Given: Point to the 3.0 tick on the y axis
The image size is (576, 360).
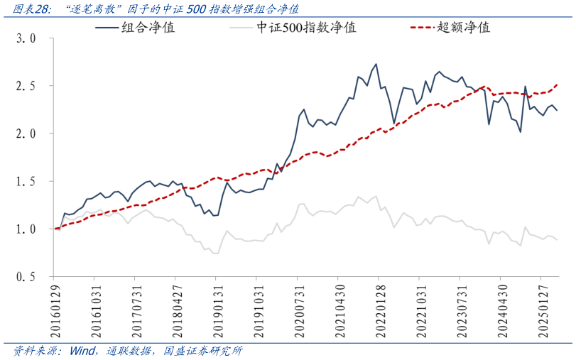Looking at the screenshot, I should point(26,38).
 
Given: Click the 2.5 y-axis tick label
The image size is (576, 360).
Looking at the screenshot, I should point(26,86).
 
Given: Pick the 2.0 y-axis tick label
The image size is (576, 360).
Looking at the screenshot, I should point(26,133).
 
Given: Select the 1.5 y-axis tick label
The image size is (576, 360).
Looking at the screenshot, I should point(26,181).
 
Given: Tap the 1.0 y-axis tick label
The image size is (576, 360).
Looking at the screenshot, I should point(26,229).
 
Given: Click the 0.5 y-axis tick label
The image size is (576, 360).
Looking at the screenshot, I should point(26,276).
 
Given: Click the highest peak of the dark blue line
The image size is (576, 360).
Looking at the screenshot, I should point(376,64).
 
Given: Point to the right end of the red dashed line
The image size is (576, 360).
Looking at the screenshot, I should point(557,84).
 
